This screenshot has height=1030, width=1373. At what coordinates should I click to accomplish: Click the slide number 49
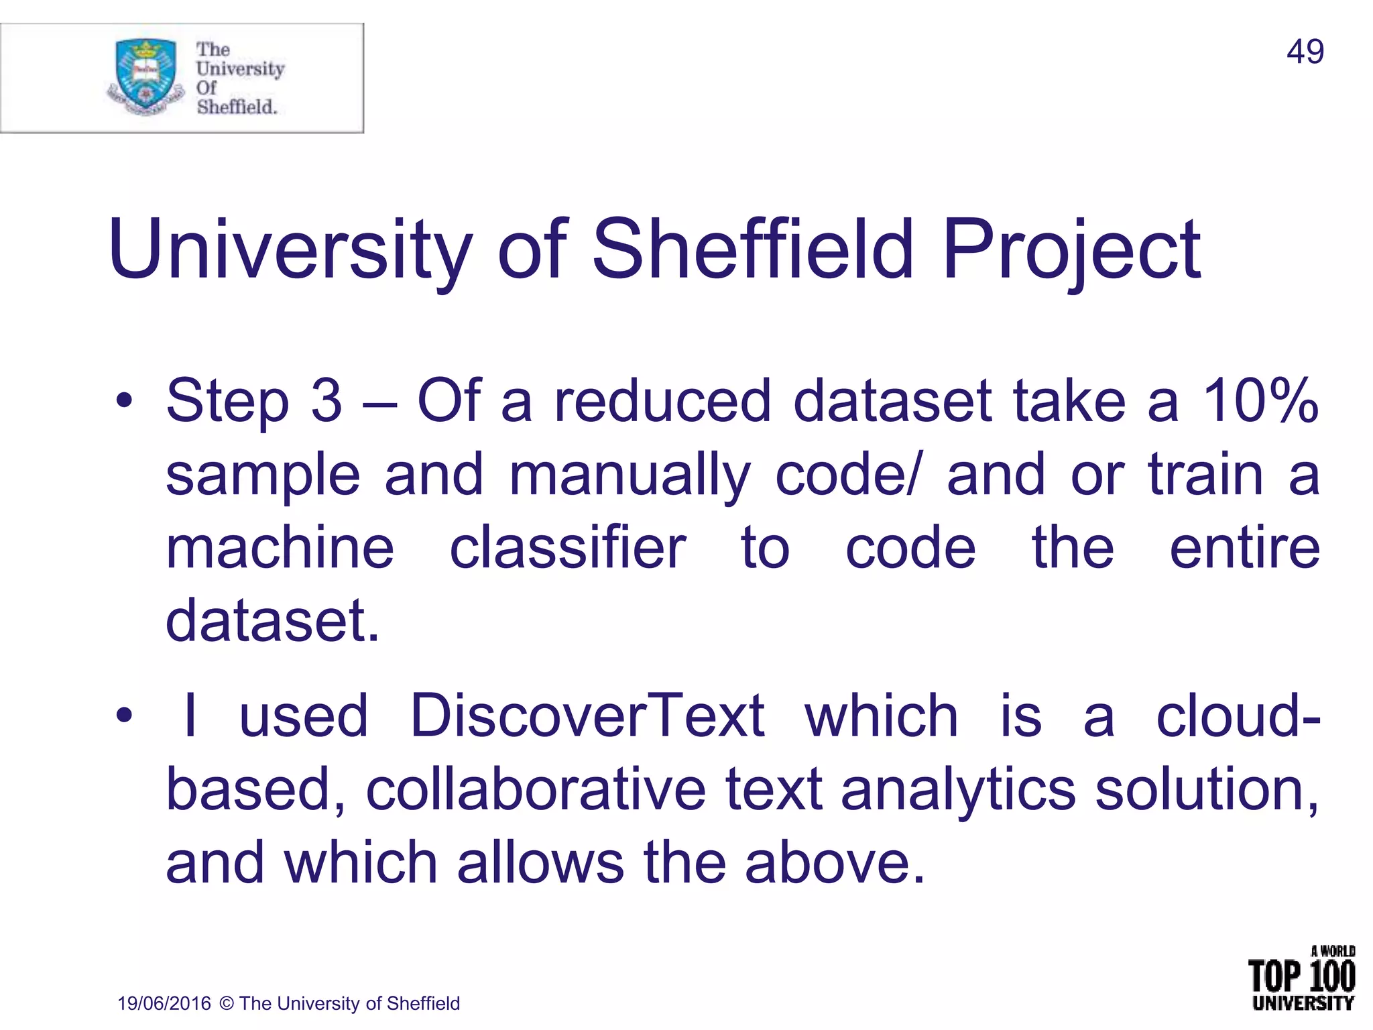[x=1305, y=52]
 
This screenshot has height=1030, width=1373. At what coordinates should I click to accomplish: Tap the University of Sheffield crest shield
[x=146, y=74]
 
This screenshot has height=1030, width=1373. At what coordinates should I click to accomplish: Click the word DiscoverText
[x=587, y=716]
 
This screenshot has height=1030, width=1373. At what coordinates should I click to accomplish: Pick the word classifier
[x=568, y=548]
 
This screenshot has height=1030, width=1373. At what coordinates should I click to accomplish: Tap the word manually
[x=629, y=475]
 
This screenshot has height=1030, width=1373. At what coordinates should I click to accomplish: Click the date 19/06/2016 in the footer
[x=164, y=1003]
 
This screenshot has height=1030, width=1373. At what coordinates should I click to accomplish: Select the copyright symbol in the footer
[x=227, y=1003]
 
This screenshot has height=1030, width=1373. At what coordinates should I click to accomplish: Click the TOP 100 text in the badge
[x=1301, y=976]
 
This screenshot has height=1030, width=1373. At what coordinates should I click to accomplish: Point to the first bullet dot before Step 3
[x=124, y=402]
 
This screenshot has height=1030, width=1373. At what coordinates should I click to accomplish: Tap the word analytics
[x=958, y=790]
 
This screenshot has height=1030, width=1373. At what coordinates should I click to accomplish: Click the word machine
[x=280, y=548]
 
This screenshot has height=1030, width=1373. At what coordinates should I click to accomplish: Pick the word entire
[x=1244, y=548]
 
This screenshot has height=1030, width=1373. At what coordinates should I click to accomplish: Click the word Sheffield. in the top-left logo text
[x=237, y=107]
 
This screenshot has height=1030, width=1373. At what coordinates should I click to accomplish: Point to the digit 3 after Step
[x=326, y=400]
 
